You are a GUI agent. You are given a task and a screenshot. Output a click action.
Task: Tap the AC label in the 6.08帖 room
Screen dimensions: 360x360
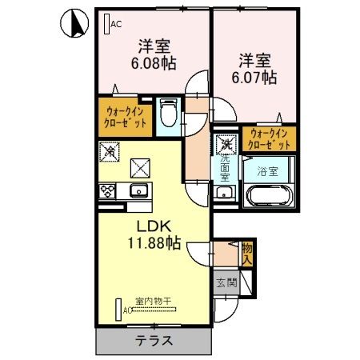click(115, 24)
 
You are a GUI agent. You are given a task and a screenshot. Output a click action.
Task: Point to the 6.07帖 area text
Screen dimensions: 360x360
click(255, 78)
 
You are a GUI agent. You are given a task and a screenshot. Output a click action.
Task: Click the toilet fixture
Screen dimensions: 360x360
click(168, 112)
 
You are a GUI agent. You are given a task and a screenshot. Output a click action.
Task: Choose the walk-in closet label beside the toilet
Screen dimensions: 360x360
click(126, 118)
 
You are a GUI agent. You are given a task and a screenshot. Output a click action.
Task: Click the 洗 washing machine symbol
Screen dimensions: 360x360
click(227, 145)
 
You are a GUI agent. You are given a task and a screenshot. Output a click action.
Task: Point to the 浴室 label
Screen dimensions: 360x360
click(267, 170)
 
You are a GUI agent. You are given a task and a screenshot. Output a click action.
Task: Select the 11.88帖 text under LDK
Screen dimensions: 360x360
click(151, 242)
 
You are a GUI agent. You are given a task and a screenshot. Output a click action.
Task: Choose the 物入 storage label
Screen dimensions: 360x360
click(247, 254)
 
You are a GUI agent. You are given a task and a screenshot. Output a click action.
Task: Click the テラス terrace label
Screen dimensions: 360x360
click(154, 340)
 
